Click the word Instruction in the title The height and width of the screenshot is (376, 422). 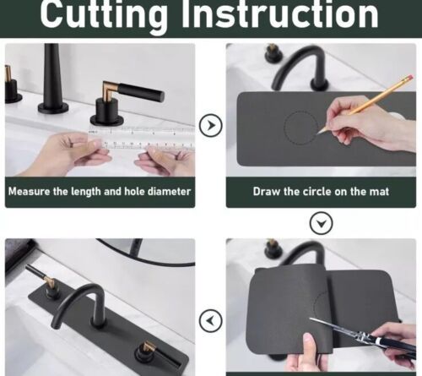(280, 14)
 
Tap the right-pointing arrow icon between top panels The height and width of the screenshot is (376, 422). (211, 125)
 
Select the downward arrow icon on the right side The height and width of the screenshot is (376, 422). (322, 223)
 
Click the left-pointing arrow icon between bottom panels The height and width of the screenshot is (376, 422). (211, 320)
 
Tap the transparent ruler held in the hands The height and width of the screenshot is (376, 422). (142, 137)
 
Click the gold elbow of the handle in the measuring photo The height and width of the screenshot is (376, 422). (110, 89)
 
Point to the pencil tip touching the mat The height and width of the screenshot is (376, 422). (318, 134)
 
